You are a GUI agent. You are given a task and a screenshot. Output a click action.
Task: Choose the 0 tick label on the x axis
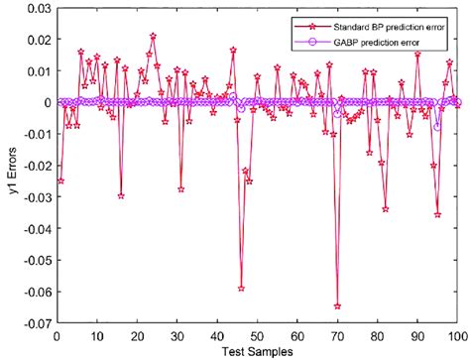[57, 334]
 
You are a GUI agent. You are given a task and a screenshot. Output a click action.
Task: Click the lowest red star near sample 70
[337, 305]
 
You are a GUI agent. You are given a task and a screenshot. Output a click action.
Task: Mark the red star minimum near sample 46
[241, 288]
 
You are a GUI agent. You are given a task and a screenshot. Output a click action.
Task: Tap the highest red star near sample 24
[153, 36]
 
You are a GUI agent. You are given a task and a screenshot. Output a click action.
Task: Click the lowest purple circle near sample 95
[437, 127]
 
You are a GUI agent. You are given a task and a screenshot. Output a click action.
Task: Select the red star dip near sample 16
[121, 195]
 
